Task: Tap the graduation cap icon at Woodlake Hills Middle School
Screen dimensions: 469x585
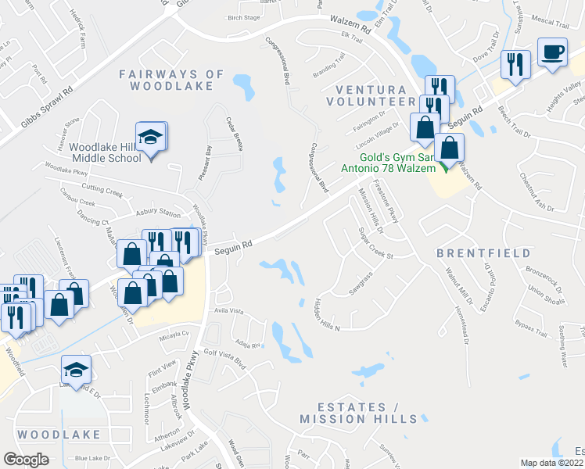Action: (x=150, y=138)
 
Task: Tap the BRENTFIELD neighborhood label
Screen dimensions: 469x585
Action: (x=483, y=253)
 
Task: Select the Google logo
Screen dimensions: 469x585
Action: (x=26, y=459)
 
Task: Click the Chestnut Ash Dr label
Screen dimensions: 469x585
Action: (x=537, y=196)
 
